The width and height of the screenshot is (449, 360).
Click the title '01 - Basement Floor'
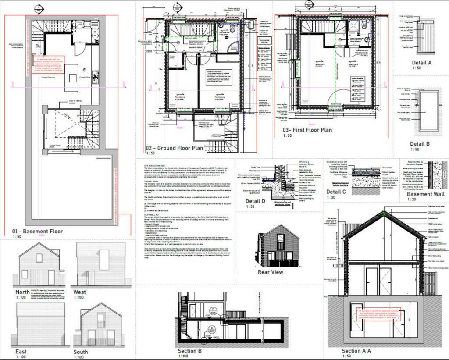pyautogui.click(x=37, y=232)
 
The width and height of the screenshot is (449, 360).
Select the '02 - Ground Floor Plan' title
pyautogui.click(x=174, y=148)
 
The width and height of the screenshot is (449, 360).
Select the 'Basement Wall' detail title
pyautogui.click(x=425, y=194)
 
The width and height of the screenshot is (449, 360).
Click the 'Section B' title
pyautogui.click(x=189, y=351)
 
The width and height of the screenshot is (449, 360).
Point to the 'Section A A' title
pyautogui.click(x=356, y=351)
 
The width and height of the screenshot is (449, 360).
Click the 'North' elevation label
pyautogui.click(x=23, y=292)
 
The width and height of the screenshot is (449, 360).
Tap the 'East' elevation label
pyautogui.click(x=21, y=351)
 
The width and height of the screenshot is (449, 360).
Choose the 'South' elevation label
pyautogui.click(x=81, y=352)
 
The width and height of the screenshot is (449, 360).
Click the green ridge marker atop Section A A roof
pyautogui.click(x=384, y=214)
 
